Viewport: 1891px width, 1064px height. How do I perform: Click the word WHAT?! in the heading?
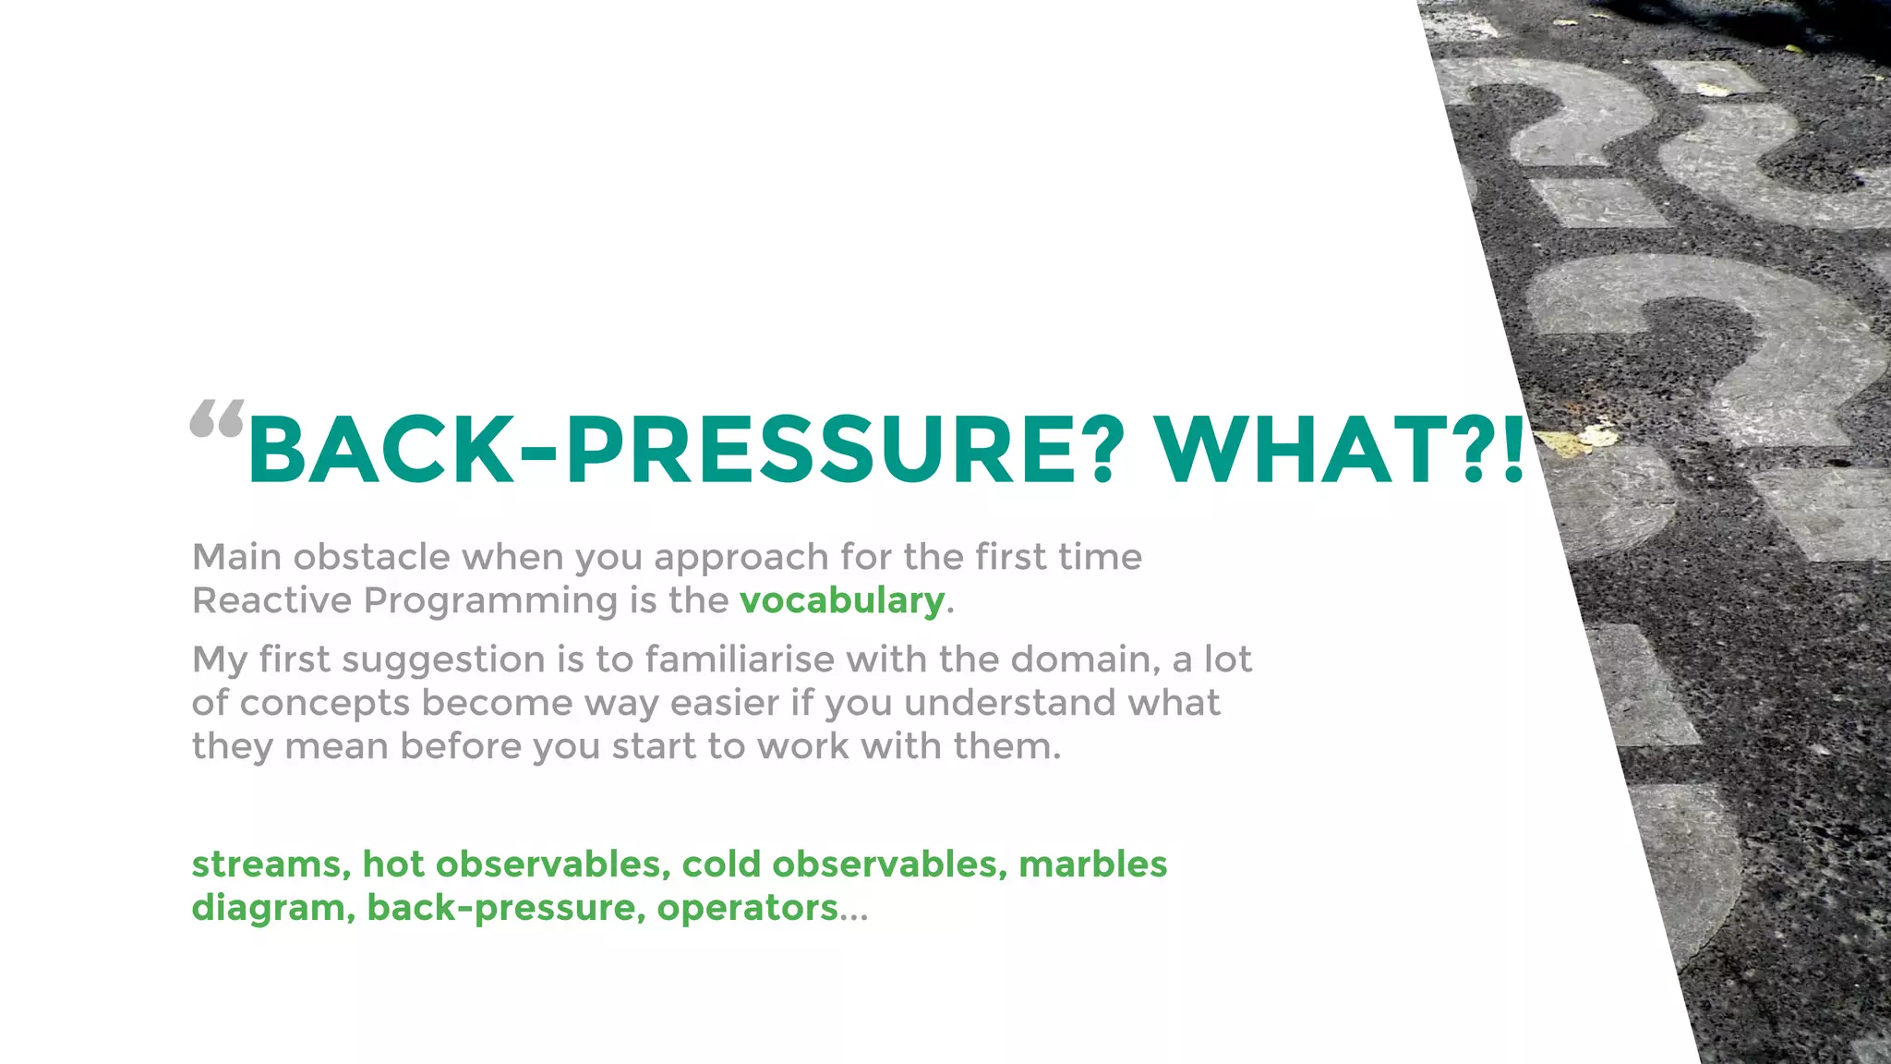click(1340, 450)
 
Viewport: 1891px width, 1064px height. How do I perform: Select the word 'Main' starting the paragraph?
click(236, 557)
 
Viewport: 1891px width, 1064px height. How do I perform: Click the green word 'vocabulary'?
click(842, 600)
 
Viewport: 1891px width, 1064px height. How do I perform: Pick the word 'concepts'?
click(324, 704)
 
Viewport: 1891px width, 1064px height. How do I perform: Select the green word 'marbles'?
click(1092, 864)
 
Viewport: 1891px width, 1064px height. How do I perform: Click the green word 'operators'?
click(747, 909)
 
